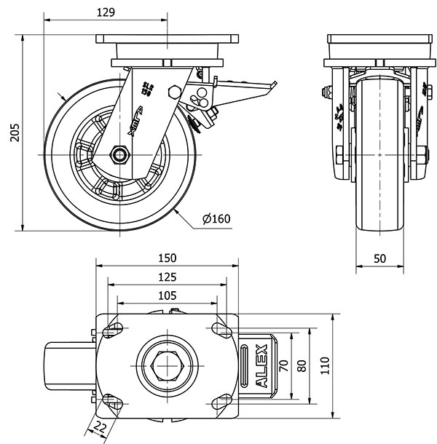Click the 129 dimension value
106,12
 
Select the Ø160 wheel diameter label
216,218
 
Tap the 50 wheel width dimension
380,259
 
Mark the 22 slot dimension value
101,428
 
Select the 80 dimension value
302,362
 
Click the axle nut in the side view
119,154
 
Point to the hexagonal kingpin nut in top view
168,362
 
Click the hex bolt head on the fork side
174,92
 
